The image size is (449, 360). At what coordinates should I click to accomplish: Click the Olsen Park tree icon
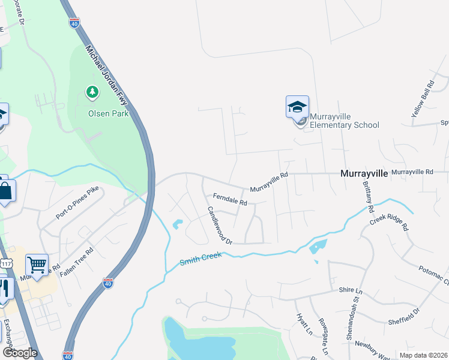pos(92,92)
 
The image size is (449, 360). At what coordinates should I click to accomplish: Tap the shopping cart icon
pos(37,265)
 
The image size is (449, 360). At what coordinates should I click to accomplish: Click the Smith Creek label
pos(201,259)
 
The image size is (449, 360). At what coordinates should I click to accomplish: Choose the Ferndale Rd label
pos(230,199)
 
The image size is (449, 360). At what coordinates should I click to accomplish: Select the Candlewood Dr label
pos(220,225)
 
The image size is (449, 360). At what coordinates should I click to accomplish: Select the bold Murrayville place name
pos(364,173)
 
